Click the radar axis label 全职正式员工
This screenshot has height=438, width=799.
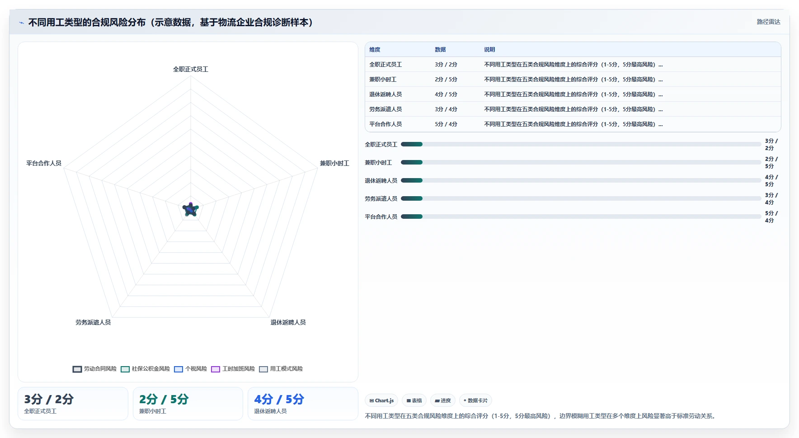191,69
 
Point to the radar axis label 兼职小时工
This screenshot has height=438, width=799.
334,163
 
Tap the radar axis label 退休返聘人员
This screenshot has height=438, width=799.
288,322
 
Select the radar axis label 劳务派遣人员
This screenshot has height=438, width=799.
93,322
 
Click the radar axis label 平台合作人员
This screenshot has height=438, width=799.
44,163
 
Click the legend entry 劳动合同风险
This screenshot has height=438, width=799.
94,369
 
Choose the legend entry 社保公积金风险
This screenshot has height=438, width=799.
145,369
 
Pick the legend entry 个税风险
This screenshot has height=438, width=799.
190,369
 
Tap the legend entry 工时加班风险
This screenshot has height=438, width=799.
233,369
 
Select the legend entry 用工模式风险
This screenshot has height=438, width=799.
281,369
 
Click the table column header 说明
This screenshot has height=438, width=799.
489,50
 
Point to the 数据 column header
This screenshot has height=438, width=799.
440,50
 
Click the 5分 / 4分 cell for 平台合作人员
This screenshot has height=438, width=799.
446,124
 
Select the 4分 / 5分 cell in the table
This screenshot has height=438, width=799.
446,94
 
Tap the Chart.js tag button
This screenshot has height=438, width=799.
381,400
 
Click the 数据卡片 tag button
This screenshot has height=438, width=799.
475,400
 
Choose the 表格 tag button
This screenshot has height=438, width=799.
414,400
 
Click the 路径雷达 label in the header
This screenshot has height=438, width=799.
769,22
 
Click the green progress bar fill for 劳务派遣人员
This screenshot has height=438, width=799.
412,198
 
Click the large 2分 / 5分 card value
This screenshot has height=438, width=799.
164,399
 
